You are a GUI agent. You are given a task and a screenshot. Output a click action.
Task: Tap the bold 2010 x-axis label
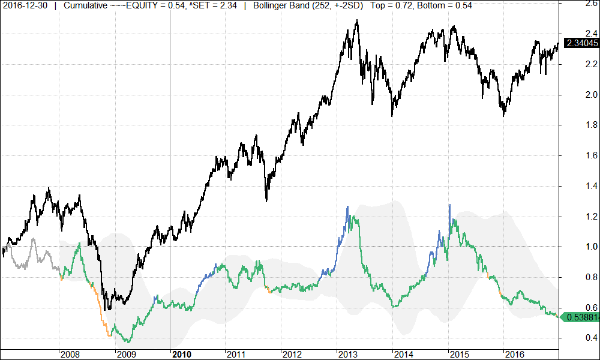coord(182,353)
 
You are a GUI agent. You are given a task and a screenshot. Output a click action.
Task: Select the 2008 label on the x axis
coord(71,353)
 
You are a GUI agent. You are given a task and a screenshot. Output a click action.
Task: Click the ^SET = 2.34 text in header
coord(211,5)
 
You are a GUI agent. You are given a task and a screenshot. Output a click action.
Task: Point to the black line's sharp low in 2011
coord(266,200)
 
